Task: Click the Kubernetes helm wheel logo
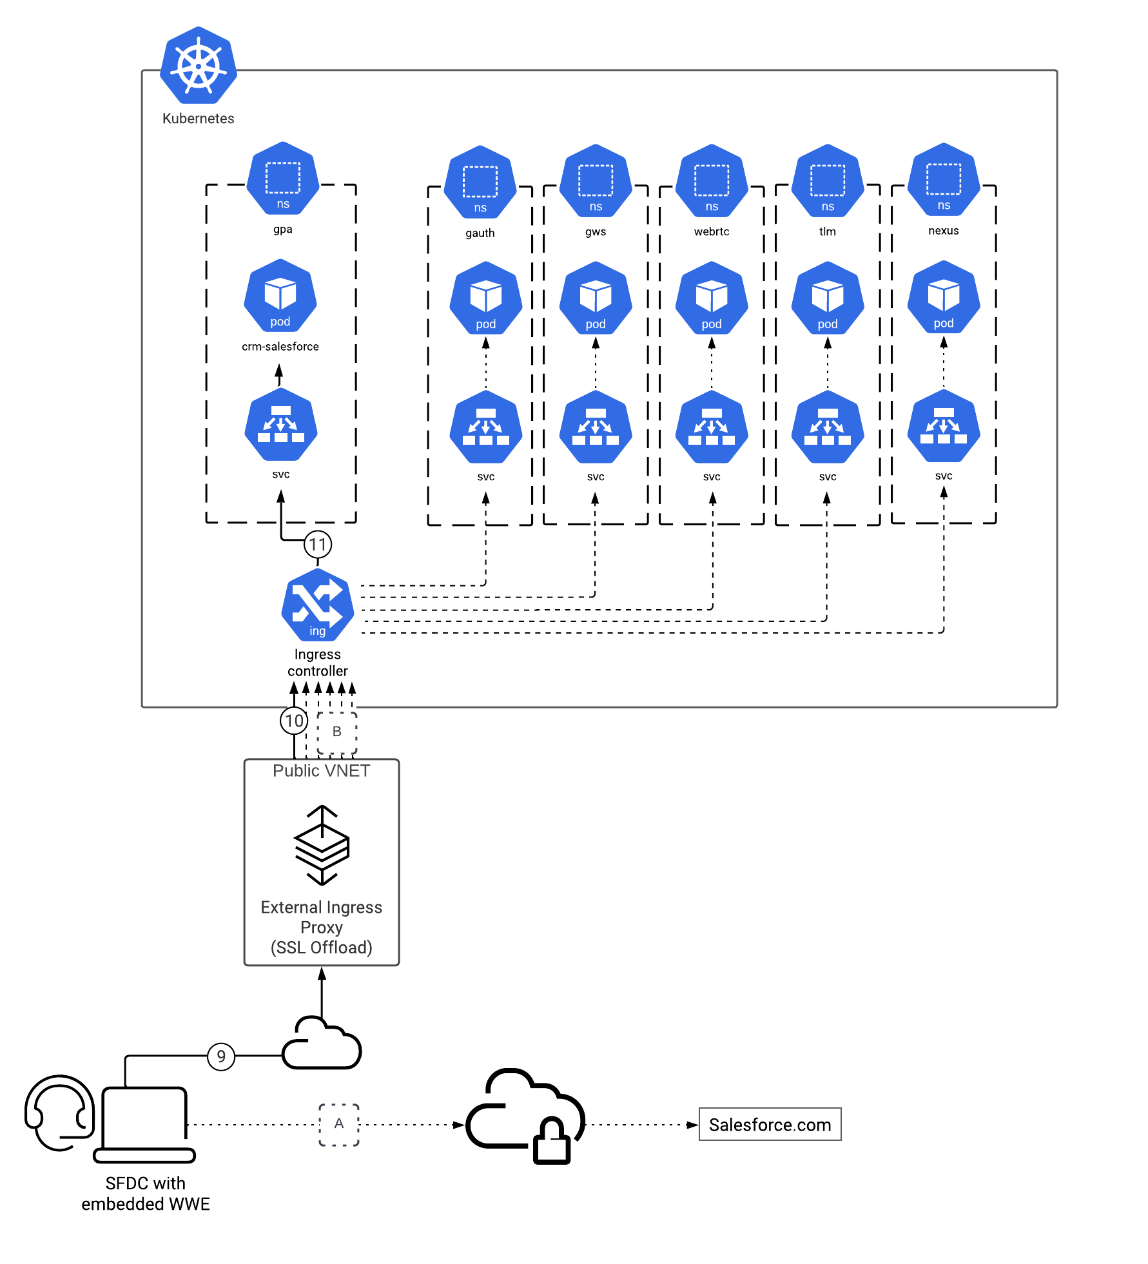[x=199, y=65]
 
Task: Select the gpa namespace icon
[x=283, y=179]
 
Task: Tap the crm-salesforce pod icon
[x=280, y=296]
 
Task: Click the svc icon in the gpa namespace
[x=281, y=424]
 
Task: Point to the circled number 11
[x=318, y=545]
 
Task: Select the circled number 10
[x=294, y=721]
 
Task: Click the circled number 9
[x=221, y=1056]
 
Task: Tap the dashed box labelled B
[x=337, y=732]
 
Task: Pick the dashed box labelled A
[x=339, y=1125]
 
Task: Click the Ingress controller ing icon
[x=318, y=605]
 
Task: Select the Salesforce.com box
[x=770, y=1125]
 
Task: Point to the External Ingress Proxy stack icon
[x=322, y=845]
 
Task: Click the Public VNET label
[x=322, y=771]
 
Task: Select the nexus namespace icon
[x=944, y=180]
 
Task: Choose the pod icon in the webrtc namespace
[x=712, y=298]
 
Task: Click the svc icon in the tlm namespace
[x=828, y=427]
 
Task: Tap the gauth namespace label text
[x=480, y=233]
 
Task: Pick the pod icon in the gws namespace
[x=596, y=298]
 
